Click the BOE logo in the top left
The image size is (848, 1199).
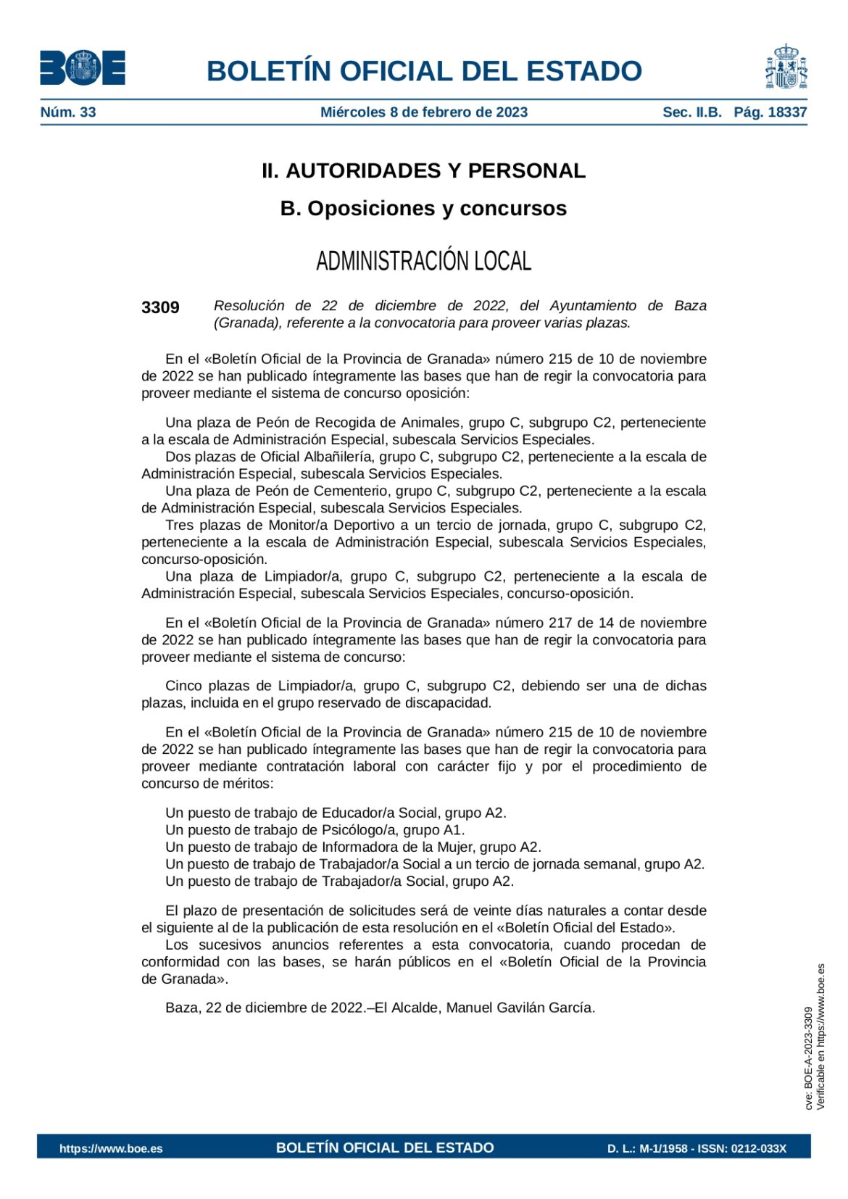[x=83, y=68]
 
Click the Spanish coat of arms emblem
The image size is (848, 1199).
[x=786, y=67]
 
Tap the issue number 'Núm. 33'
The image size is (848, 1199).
[x=68, y=112]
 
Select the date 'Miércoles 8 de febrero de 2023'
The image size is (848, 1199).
[x=424, y=112]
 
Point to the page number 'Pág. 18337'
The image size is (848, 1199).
[x=770, y=112]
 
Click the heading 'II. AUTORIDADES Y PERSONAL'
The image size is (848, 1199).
[x=423, y=171]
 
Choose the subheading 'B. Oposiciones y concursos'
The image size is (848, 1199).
[x=423, y=209]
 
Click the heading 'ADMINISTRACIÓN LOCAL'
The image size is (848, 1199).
[x=423, y=261]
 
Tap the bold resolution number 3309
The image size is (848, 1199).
[x=160, y=307]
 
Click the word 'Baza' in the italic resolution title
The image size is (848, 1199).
[x=690, y=306]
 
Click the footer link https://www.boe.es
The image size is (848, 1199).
[x=111, y=1148]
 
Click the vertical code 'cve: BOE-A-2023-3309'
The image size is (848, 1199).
[x=808, y=1058]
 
